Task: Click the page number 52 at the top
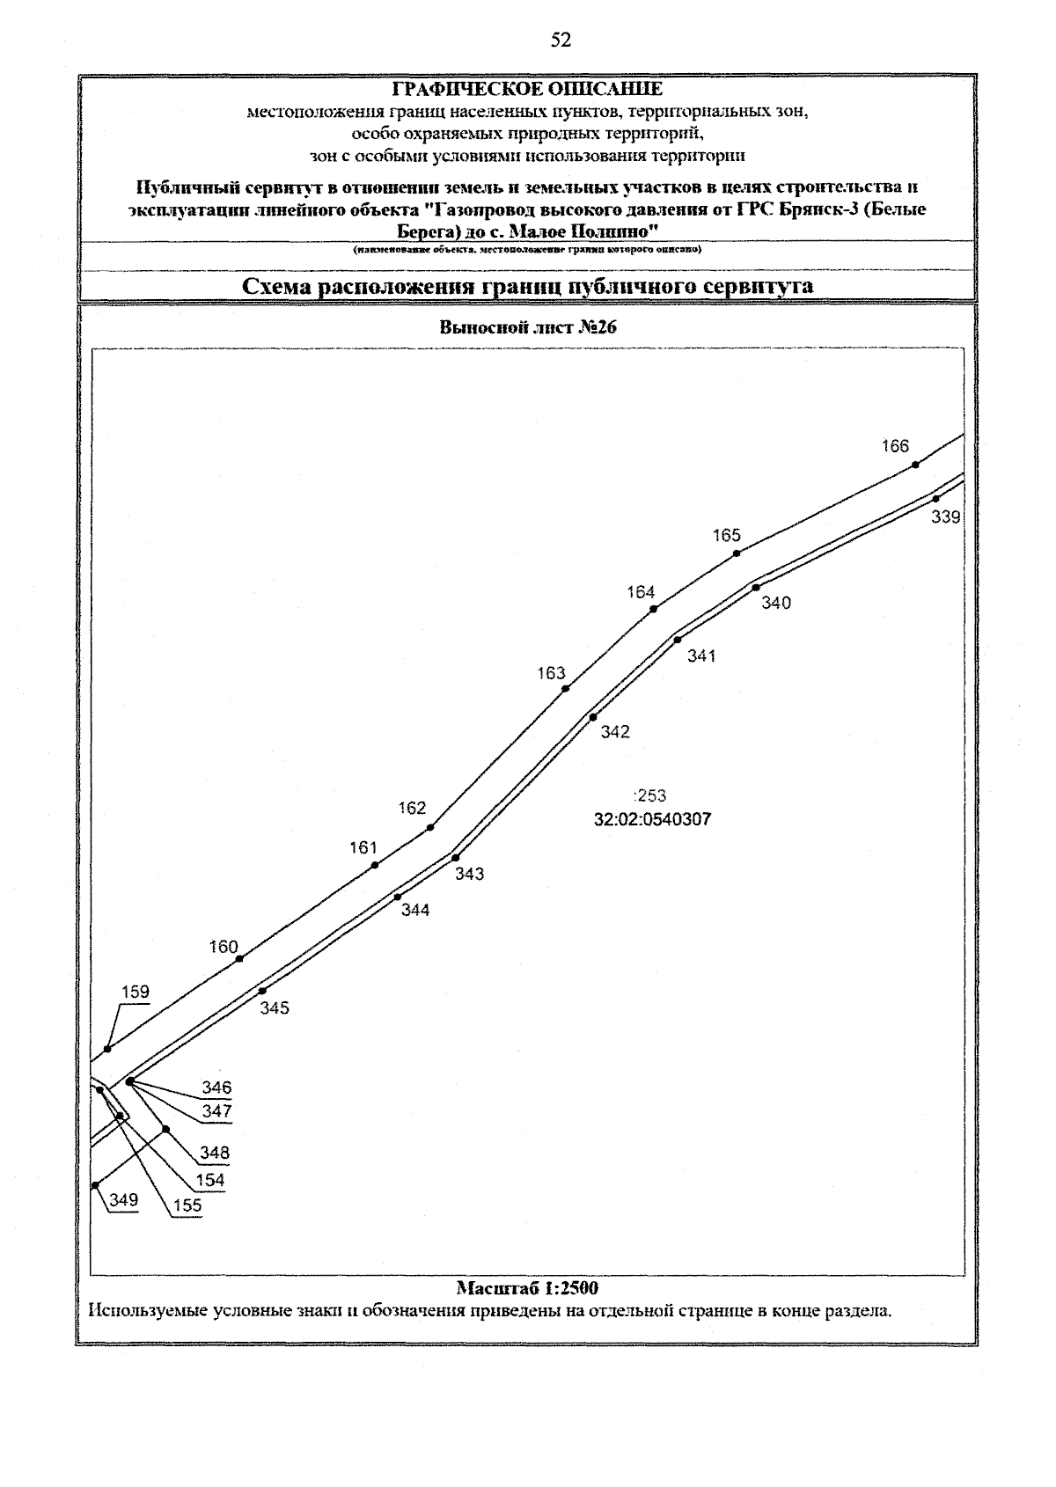pyautogui.click(x=561, y=40)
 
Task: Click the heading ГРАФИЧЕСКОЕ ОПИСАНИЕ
pyautogui.click(x=527, y=90)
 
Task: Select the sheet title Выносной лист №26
pyautogui.click(x=527, y=328)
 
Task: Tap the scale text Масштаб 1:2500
pyautogui.click(x=527, y=1288)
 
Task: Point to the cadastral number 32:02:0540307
pyautogui.click(x=652, y=820)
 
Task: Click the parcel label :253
pyautogui.click(x=650, y=796)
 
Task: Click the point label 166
pyautogui.click(x=895, y=446)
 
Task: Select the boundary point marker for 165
pyautogui.click(x=737, y=553)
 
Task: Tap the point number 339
pyautogui.click(x=946, y=517)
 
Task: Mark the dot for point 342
pyautogui.click(x=593, y=717)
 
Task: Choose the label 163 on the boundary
pyautogui.click(x=551, y=673)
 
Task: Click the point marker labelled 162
pyautogui.click(x=430, y=827)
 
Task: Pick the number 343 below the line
pyautogui.click(x=469, y=874)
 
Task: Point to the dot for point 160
pyautogui.click(x=239, y=958)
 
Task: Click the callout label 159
pyautogui.click(x=136, y=992)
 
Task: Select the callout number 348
pyautogui.click(x=215, y=1152)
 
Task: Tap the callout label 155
pyautogui.click(x=187, y=1205)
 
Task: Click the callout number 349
pyautogui.click(x=124, y=1199)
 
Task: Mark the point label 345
pyautogui.click(x=275, y=1008)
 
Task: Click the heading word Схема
pyautogui.click(x=278, y=287)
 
